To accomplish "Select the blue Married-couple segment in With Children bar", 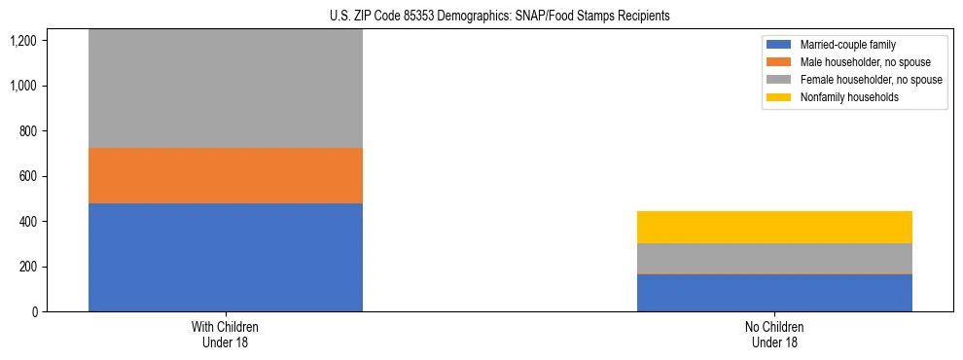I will (226, 257).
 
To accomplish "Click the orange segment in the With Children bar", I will (226, 175).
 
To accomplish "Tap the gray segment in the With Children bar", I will (226, 89).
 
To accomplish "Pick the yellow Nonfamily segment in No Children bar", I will (774, 227).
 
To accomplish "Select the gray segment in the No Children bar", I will (774, 258).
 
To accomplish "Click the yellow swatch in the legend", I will (779, 97).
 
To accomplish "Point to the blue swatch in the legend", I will (779, 45).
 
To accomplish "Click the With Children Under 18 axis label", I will (226, 335).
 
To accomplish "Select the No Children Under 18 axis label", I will (774, 335).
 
